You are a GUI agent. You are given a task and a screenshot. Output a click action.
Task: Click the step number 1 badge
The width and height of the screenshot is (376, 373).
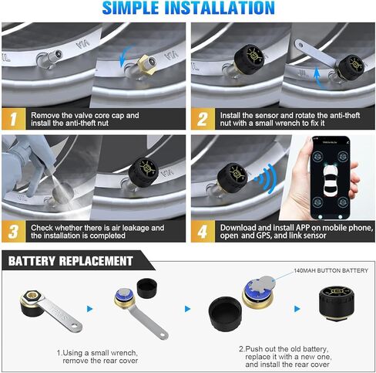click(15, 120)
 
